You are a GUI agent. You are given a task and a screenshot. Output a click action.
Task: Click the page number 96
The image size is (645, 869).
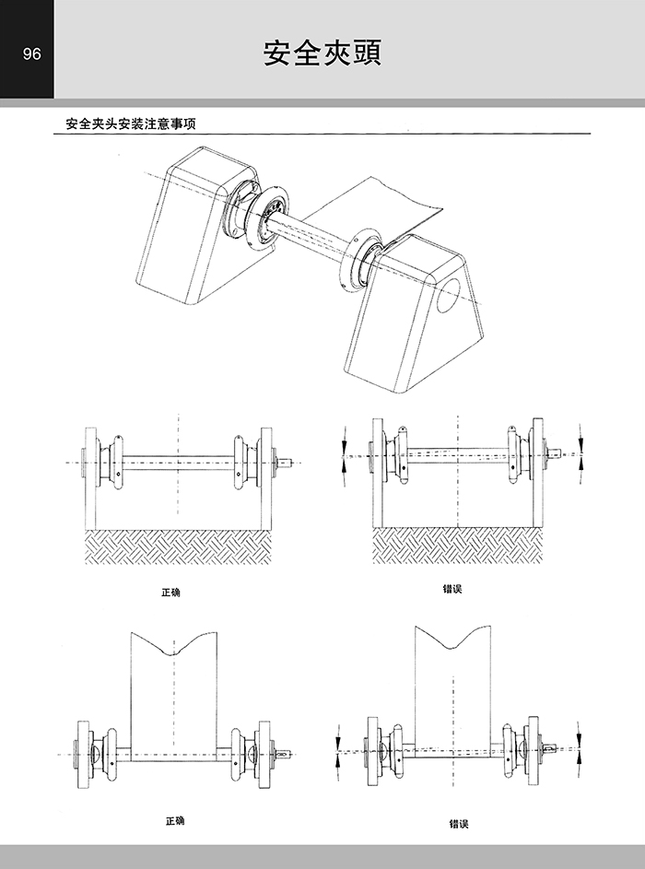tap(31, 53)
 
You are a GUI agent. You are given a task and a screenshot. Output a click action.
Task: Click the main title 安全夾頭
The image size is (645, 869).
tap(322, 53)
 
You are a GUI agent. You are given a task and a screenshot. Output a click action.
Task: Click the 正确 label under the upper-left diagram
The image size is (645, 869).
tap(170, 593)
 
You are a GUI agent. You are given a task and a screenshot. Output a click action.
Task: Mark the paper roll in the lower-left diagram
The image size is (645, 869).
tap(174, 691)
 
